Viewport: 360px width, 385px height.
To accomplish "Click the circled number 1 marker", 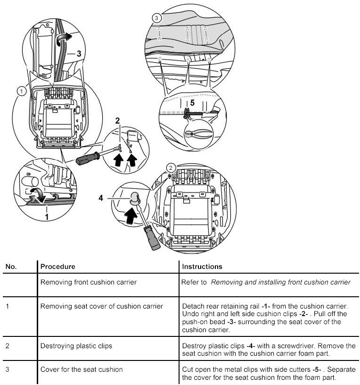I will point(20,91).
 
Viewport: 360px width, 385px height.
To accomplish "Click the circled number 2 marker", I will point(171,167).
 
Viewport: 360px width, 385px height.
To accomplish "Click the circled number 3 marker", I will point(157,18).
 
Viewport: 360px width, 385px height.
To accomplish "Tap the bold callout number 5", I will point(192,102).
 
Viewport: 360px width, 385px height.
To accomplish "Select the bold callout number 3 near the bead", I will point(79,54).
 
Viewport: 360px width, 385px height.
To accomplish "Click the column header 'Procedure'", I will point(57,267).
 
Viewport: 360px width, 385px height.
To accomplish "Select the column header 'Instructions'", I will point(202,267).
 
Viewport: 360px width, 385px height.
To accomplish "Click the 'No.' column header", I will point(11,267).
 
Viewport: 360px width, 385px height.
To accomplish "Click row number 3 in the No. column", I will point(7,369).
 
